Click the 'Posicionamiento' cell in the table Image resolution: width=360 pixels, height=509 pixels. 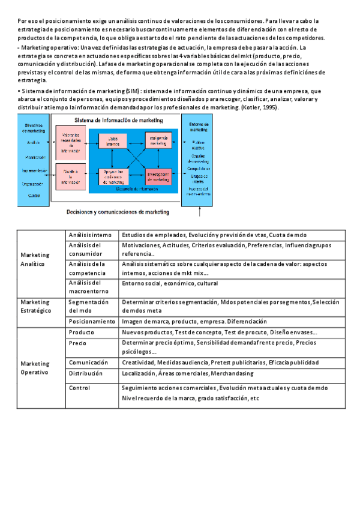(x=91, y=322)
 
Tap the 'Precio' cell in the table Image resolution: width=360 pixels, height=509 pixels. (x=77, y=343)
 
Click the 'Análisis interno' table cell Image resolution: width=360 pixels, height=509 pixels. (x=90, y=235)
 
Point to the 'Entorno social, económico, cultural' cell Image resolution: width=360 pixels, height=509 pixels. (x=170, y=283)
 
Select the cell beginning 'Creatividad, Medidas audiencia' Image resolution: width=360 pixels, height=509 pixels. (x=220, y=363)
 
